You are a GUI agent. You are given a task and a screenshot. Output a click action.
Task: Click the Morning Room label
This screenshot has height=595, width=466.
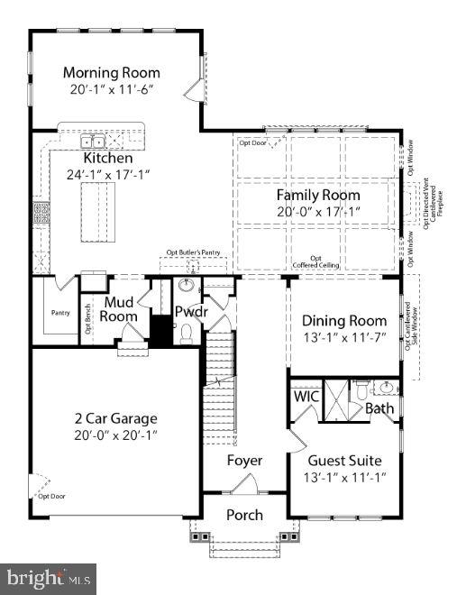click(112, 72)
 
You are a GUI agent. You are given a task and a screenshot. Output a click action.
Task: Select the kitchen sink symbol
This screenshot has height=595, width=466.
click(94, 142)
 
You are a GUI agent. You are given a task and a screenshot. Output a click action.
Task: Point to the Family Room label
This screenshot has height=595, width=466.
click(317, 195)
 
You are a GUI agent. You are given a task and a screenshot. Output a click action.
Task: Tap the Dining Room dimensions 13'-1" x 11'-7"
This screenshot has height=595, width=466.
click(343, 337)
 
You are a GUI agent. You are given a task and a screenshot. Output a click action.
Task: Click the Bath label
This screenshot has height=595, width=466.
click(379, 408)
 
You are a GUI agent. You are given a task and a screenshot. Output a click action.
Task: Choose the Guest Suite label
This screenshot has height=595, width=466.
click(344, 460)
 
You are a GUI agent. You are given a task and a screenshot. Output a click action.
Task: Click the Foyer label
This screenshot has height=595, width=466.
click(244, 460)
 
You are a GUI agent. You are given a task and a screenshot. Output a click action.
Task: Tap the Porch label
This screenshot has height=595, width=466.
click(244, 515)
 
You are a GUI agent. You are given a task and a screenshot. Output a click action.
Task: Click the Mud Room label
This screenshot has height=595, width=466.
click(120, 308)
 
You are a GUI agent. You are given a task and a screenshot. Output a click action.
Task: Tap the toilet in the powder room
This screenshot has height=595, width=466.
click(187, 334)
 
